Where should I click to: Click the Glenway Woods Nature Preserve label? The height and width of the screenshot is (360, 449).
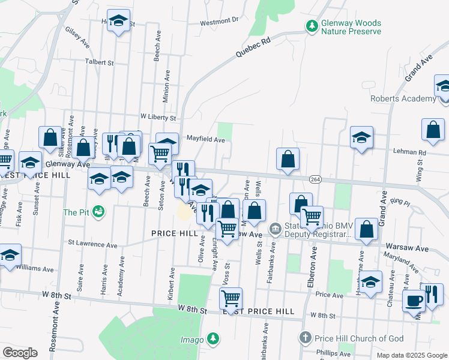tap(351, 27)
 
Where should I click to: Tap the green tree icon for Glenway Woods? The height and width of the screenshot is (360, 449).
tap(312, 26)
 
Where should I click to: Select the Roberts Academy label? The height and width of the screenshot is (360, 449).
tap(403, 98)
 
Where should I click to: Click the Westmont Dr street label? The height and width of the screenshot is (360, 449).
tap(219, 21)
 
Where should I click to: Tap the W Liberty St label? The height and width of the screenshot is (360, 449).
tap(157, 117)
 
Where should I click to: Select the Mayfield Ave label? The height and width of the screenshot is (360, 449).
tap(206, 140)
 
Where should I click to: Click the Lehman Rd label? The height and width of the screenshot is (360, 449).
tap(410, 152)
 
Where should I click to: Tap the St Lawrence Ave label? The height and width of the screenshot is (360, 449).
tap(92, 245)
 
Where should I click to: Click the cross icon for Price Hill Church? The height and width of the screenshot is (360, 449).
tap(305, 338)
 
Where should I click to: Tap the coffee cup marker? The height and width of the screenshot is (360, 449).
tap(414, 300)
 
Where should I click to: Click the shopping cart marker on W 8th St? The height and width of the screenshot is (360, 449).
tap(231, 297)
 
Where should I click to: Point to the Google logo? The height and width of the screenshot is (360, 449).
tap(20, 353)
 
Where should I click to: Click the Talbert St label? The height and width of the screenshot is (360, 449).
tap(99, 62)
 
